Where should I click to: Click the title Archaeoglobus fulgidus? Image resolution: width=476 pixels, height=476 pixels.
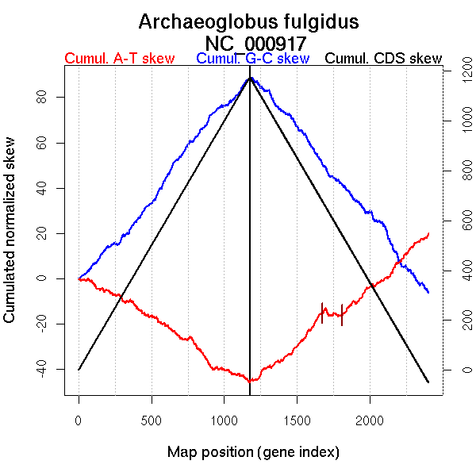click(x=248, y=21)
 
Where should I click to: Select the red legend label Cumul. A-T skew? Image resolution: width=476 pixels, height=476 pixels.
click(x=119, y=59)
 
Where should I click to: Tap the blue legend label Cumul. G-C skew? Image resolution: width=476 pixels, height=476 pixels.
click(x=252, y=59)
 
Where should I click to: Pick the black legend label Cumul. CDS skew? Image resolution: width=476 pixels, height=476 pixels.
click(x=384, y=59)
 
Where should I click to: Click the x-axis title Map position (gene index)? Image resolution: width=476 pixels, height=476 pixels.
click(x=253, y=452)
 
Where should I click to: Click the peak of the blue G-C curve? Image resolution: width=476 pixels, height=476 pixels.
click(x=250, y=77)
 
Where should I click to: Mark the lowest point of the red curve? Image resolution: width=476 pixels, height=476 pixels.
click(x=249, y=382)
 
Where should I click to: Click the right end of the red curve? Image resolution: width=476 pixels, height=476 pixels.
click(x=428, y=233)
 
